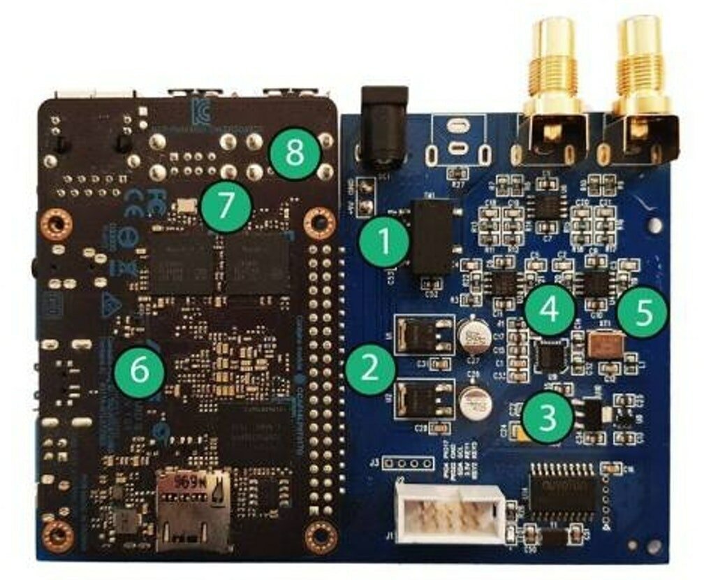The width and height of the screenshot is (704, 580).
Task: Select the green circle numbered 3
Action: [548, 417]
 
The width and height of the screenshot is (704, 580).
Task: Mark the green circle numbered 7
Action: [225, 205]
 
